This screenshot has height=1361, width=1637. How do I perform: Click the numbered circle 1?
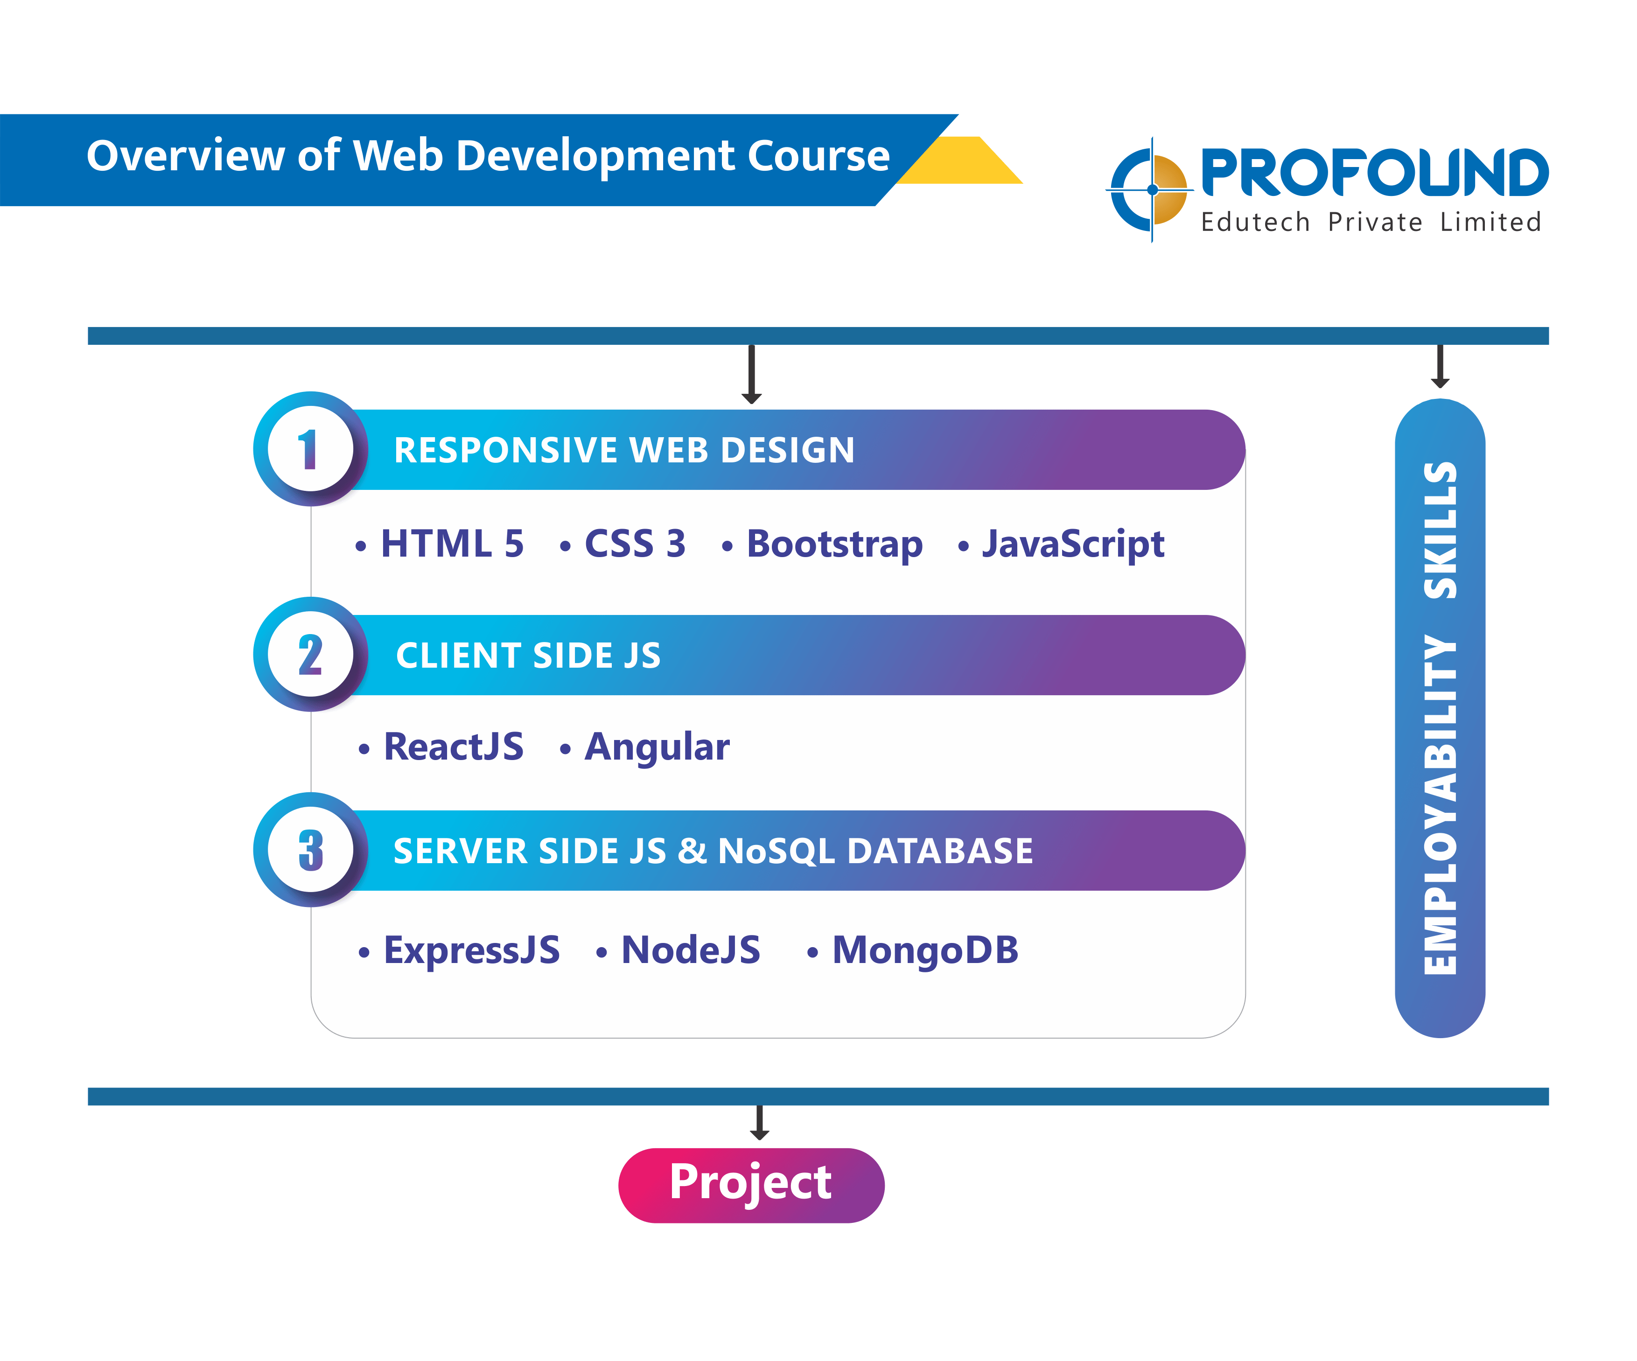click(310, 449)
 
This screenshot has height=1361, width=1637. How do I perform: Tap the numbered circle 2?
click(310, 654)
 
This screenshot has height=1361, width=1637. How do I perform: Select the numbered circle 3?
click(310, 850)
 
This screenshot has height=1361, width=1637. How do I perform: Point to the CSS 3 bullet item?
click(623, 543)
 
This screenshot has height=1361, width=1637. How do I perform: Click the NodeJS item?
click(678, 950)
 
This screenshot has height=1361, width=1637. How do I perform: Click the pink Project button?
click(751, 1185)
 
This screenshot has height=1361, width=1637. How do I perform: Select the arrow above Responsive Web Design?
click(751, 374)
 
